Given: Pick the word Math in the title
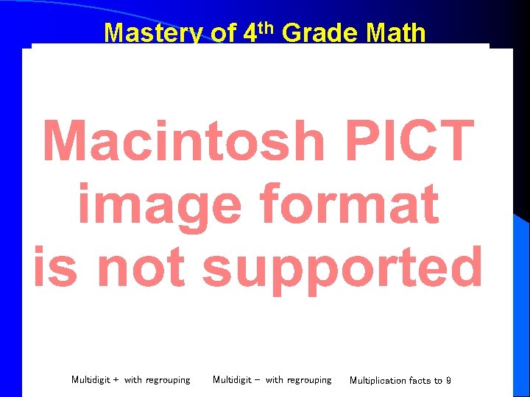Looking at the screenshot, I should [396, 33].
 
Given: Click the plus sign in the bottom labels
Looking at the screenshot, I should [116, 380].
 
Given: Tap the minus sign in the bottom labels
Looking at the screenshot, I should [257, 380].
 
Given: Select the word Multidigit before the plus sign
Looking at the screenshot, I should [91, 380].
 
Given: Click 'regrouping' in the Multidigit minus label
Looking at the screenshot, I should [309, 380].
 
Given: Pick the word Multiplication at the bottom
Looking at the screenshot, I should [377, 380].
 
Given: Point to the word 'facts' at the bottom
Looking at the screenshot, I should [419, 380].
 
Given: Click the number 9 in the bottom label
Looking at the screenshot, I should [448, 380].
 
